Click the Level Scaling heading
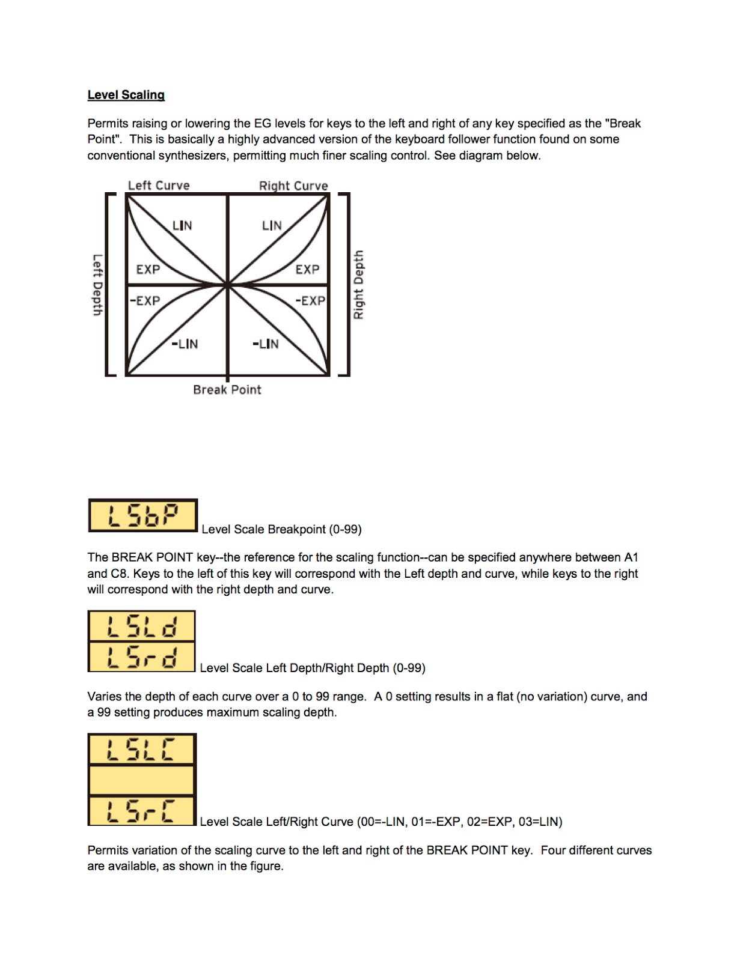click(x=126, y=95)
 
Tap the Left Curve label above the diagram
click(x=159, y=186)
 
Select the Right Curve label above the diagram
click(x=293, y=186)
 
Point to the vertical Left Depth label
click(x=97, y=285)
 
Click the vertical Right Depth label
click(x=358, y=285)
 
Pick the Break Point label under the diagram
click(x=227, y=390)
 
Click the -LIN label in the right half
click(x=265, y=344)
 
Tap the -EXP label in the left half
click(x=145, y=300)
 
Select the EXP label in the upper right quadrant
click(x=307, y=270)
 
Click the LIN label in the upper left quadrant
click(x=182, y=225)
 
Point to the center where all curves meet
click(x=228, y=285)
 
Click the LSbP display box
click(x=142, y=515)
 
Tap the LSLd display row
click(x=142, y=626)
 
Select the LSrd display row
click(x=142, y=657)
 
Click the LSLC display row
click(x=142, y=749)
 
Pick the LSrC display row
click(x=142, y=811)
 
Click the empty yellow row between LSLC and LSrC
click(x=142, y=780)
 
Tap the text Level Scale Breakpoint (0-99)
click(x=281, y=529)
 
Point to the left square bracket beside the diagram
click(x=109, y=285)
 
